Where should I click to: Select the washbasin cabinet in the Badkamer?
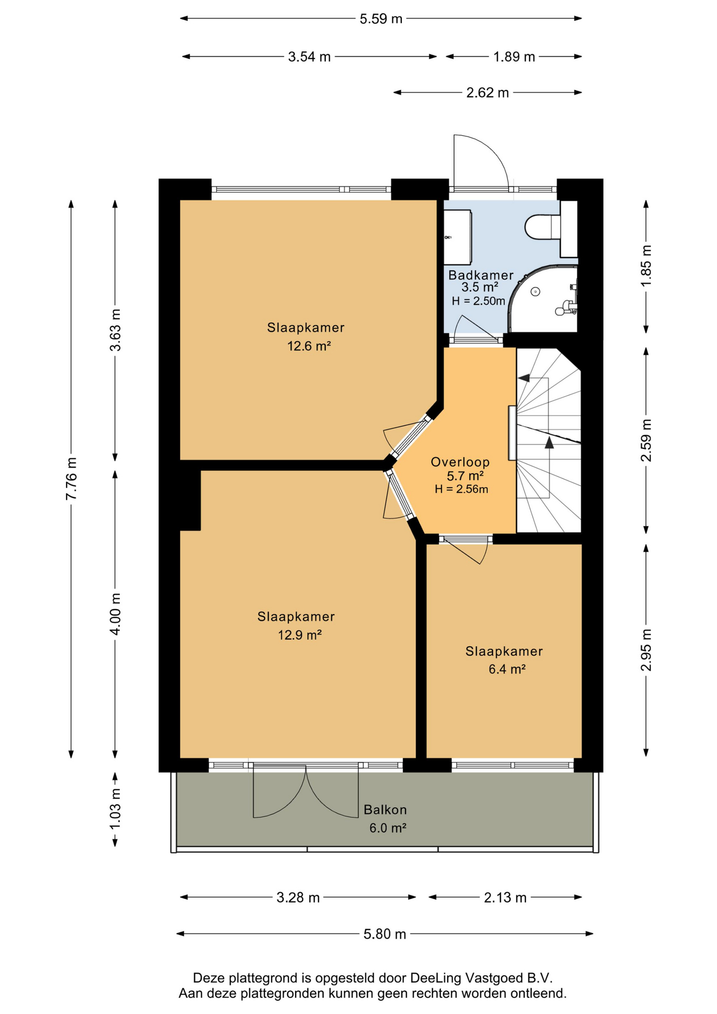tap(457, 237)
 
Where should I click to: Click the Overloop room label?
tap(460, 462)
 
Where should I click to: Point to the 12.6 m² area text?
tap(309, 346)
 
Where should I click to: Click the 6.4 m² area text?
tap(507, 669)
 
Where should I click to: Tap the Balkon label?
tap(385, 810)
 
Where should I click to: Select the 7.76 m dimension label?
tap(71, 478)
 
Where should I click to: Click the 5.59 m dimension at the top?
tap(381, 19)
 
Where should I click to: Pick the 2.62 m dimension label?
tap(487, 93)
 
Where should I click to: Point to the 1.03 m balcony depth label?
tap(115, 809)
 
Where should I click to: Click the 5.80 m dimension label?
tap(384, 934)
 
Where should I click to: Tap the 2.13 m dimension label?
tap(505, 898)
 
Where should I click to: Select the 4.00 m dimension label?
tap(115, 614)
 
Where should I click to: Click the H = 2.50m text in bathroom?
tap(478, 301)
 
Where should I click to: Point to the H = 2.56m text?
tap(461, 489)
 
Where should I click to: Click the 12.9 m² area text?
tap(300, 635)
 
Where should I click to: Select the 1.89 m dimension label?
tap(514, 57)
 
